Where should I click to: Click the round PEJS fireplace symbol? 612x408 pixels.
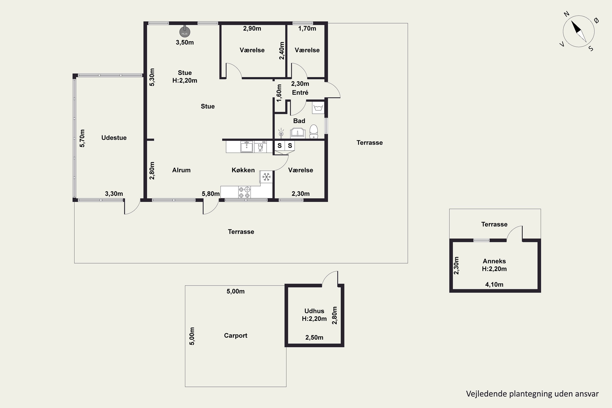tap(185, 32)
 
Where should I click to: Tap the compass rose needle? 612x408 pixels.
tap(579, 31)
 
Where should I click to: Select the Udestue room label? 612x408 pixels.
tap(114, 138)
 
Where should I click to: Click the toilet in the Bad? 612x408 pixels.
tap(314, 131)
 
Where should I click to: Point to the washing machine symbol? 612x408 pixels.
tap(318, 108)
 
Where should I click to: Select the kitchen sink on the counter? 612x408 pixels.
tap(246, 147)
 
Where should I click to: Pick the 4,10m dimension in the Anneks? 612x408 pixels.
tap(494, 284)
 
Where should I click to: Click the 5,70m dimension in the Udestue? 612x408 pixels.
tap(82, 138)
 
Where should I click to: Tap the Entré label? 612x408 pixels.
tap(300, 92)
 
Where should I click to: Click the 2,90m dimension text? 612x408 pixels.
tap(252, 28)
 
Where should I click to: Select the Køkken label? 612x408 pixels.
tap(243, 170)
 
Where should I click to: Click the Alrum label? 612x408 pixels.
tap(181, 170)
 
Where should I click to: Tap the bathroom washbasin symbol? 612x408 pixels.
tap(298, 132)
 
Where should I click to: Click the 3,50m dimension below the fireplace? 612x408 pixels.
tap(185, 42)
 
